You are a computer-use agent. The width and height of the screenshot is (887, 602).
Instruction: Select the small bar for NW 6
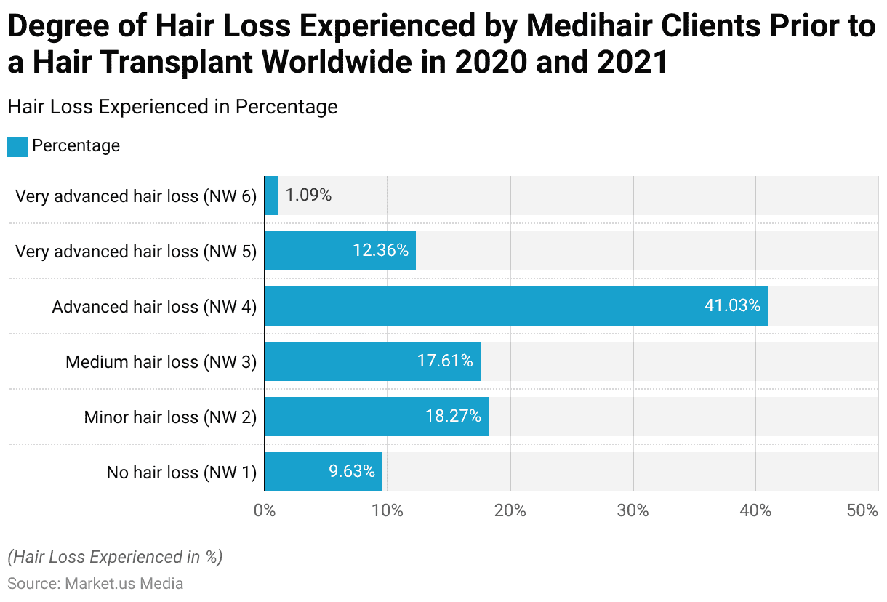click(x=271, y=196)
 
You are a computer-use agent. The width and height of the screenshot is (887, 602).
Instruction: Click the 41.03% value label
click(x=732, y=306)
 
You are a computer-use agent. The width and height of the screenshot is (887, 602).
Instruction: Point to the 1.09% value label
click(x=308, y=196)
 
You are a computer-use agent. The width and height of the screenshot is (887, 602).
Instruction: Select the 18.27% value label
click(x=453, y=417)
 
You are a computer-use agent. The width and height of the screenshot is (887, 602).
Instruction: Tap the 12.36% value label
click(x=380, y=251)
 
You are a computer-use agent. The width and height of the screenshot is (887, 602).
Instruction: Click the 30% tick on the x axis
click(x=633, y=511)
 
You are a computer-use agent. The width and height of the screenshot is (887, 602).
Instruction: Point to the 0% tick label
click(x=265, y=511)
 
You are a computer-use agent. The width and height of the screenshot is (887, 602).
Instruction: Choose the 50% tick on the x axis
click(x=863, y=511)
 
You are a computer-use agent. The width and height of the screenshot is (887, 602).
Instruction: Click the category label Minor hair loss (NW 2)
click(x=170, y=417)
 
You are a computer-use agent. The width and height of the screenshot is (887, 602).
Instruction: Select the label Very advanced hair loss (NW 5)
click(x=136, y=252)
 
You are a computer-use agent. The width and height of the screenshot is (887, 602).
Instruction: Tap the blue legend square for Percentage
click(x=17, y=146)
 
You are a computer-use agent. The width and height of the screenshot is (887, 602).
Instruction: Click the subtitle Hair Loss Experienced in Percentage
click(x=172, y=107)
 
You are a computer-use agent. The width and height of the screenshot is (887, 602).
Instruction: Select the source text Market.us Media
click(x=124, y=583)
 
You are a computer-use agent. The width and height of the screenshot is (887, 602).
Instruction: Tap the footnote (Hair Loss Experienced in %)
click(x=115, y=557)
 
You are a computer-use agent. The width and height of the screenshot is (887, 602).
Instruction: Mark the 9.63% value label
click(x=352, y=472)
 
